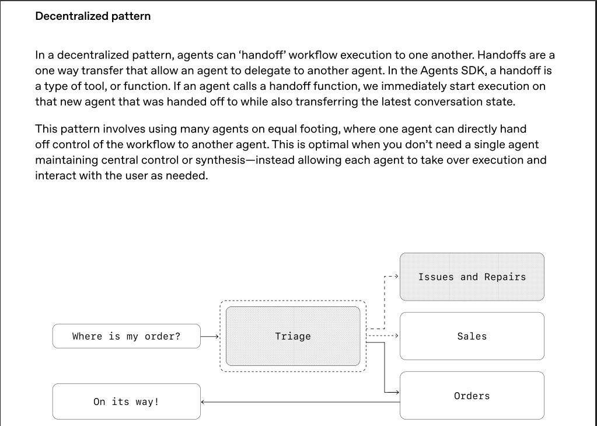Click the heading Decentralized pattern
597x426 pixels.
point(93,16)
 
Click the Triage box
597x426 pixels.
point(293,336)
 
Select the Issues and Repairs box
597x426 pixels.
point(472,277)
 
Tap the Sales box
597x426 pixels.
point(472,336)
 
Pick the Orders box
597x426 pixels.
point(472,396)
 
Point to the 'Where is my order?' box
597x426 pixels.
point(127,336)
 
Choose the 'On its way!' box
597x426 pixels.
point(127,401)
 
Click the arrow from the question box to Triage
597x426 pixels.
point(210,336)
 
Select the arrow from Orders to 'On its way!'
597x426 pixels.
point(301,401)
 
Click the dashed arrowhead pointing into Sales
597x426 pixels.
point(397,336)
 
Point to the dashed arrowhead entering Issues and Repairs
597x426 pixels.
point(397,276)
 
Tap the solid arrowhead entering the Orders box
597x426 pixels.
point(397,392)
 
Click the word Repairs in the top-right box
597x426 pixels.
point(505,277)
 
